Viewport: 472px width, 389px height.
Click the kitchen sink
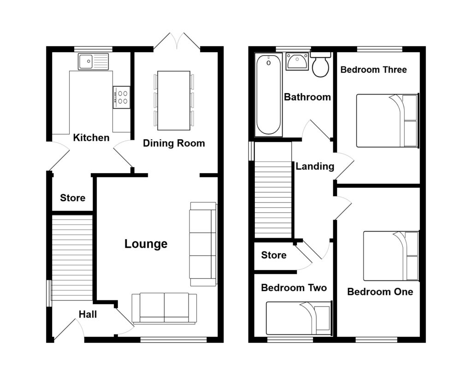(x=93, y=61)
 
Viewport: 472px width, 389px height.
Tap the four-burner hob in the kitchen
(x=121, y=97)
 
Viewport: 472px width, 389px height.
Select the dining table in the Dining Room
(x=173, y=100)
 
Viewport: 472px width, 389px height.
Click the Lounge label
(x=146, y=244)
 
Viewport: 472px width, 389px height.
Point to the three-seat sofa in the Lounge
(x=203, y=244)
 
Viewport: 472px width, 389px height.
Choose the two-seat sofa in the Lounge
(x=164, y=308)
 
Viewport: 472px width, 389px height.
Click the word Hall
(x=88, y=314)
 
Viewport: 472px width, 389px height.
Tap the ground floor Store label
(x=73, y=198)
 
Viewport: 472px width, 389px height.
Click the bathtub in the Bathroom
(x=268, y=95)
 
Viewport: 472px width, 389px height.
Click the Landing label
(x=315, y=167)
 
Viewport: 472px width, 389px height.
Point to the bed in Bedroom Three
(x=387, y=121)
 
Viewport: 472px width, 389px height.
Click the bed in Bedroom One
(x=391, y=256)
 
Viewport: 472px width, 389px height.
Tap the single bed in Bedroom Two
(x=299, y=318)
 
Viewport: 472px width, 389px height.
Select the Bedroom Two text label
(x=294, y=288)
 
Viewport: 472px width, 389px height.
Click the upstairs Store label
(x=274, y=255)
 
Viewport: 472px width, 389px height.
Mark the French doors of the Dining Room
(x=177, y=41)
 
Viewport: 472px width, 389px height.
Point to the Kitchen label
(x=91, y=138)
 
